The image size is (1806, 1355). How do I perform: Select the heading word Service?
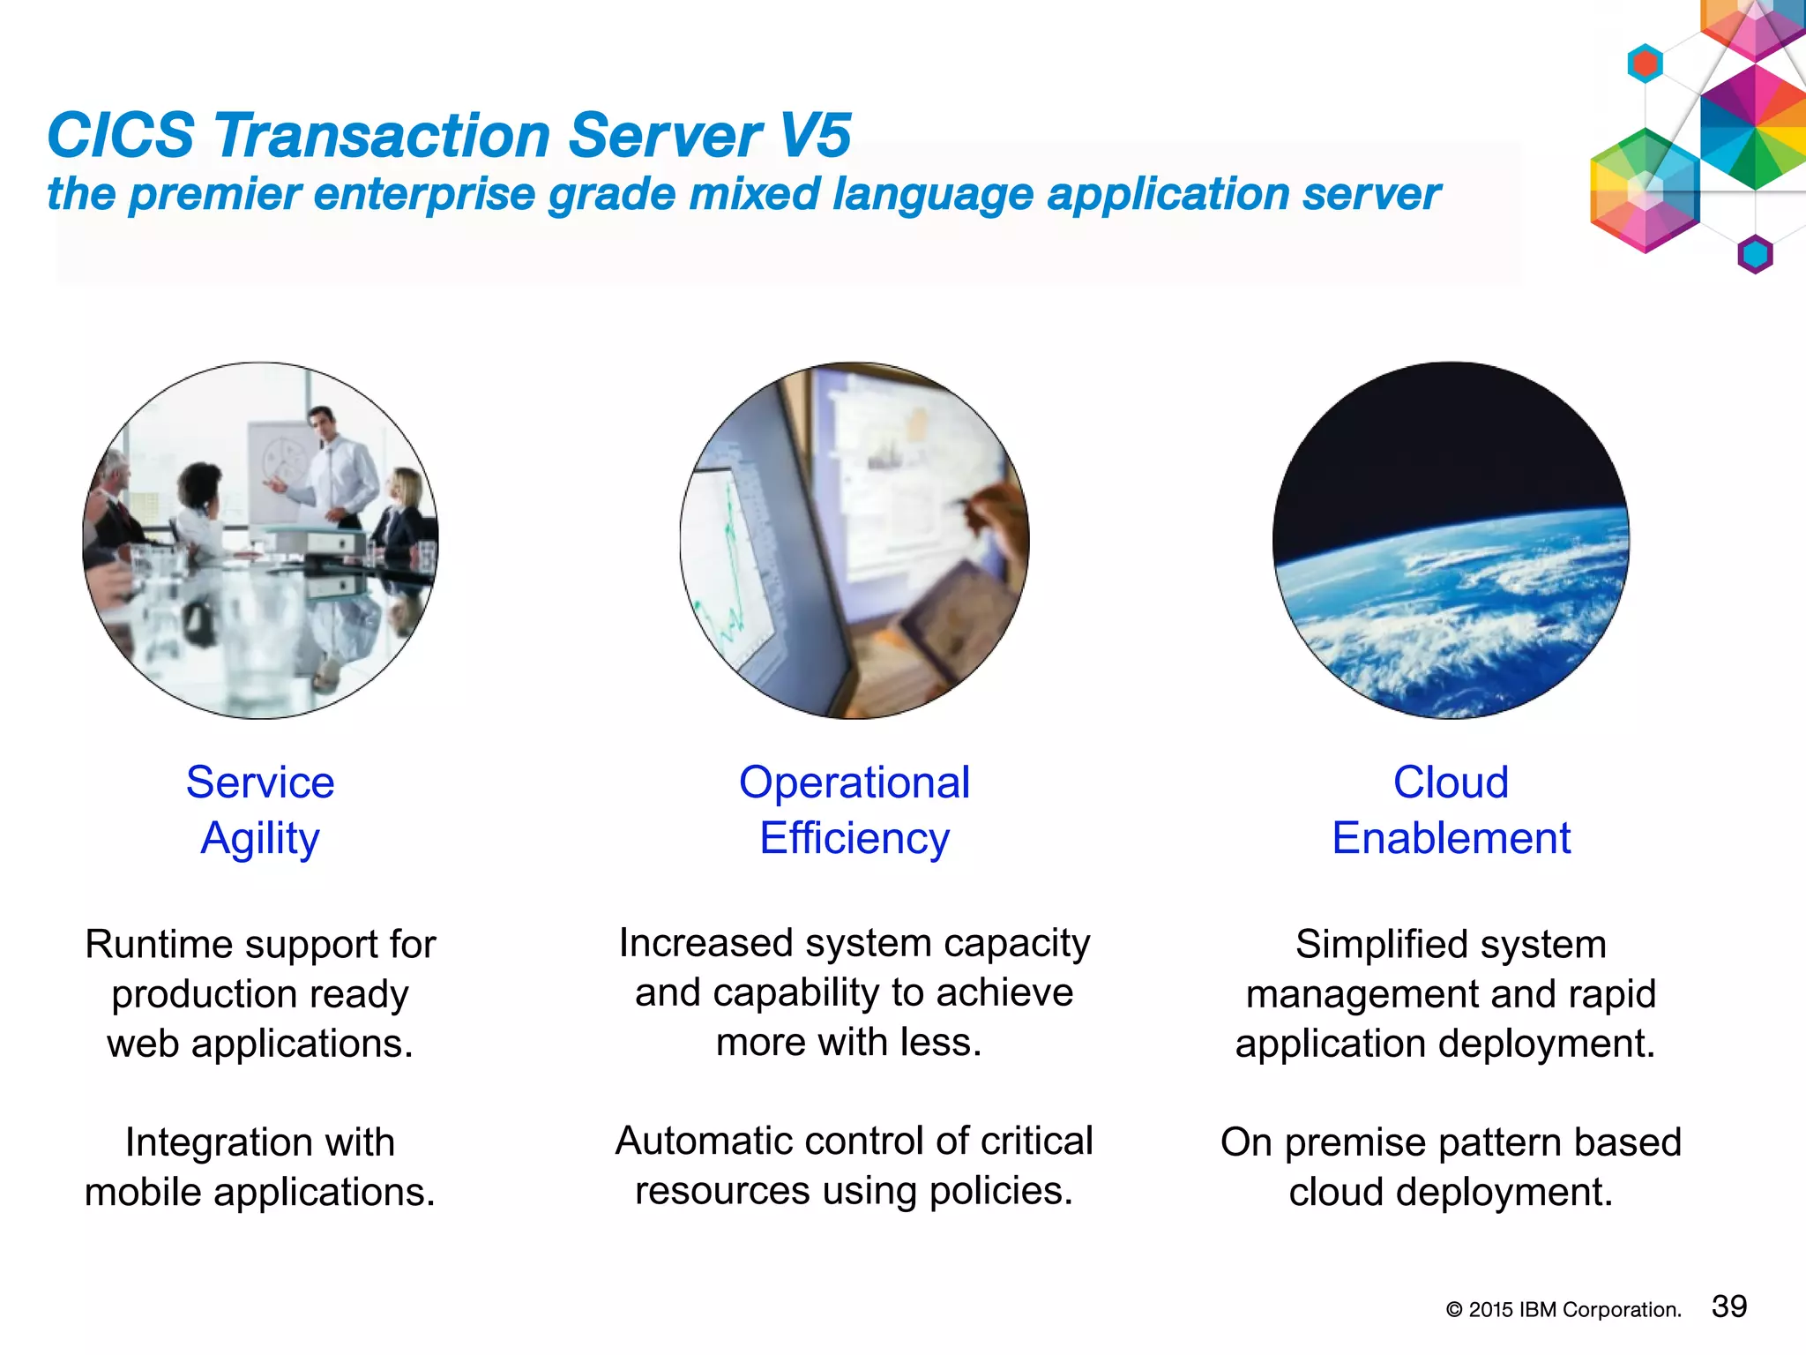coord(260,782)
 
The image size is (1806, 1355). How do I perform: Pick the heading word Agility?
coord(260,839)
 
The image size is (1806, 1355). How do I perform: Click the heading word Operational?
coord(854,782)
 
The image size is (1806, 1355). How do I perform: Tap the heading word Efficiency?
coord(854,839)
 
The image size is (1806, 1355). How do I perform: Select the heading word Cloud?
coord(1451,782)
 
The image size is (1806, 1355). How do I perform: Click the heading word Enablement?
coord(1451,839)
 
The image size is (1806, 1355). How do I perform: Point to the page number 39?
coord(1728,1306)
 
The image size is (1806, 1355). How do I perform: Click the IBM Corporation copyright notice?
coord(1563,1310)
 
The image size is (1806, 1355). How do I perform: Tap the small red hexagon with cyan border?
coord(1645,64)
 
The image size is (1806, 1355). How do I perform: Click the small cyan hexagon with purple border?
coord(1755,255)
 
